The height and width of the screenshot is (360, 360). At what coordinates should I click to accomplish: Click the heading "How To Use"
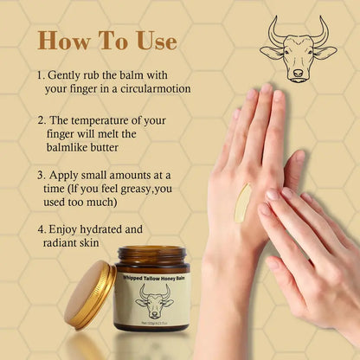pos(106,41)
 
